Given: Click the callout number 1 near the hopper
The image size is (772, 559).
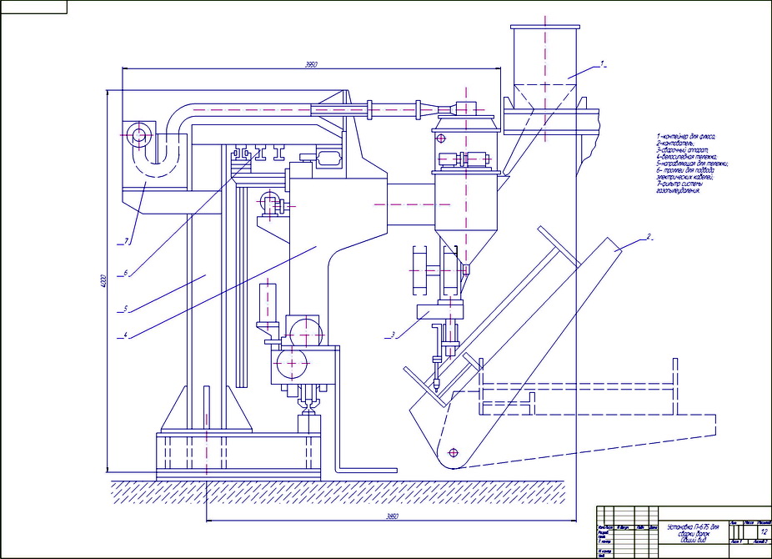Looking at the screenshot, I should click(604, 63).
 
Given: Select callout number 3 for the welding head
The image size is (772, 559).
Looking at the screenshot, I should click(389, 335).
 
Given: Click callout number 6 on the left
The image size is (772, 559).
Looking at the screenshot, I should click(124, 272).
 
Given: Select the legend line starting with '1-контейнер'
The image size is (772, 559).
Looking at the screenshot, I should click(686, 136).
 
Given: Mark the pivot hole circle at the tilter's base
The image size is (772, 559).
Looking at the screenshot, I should click(452, 452).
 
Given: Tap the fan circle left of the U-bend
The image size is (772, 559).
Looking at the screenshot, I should click(136, 133).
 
